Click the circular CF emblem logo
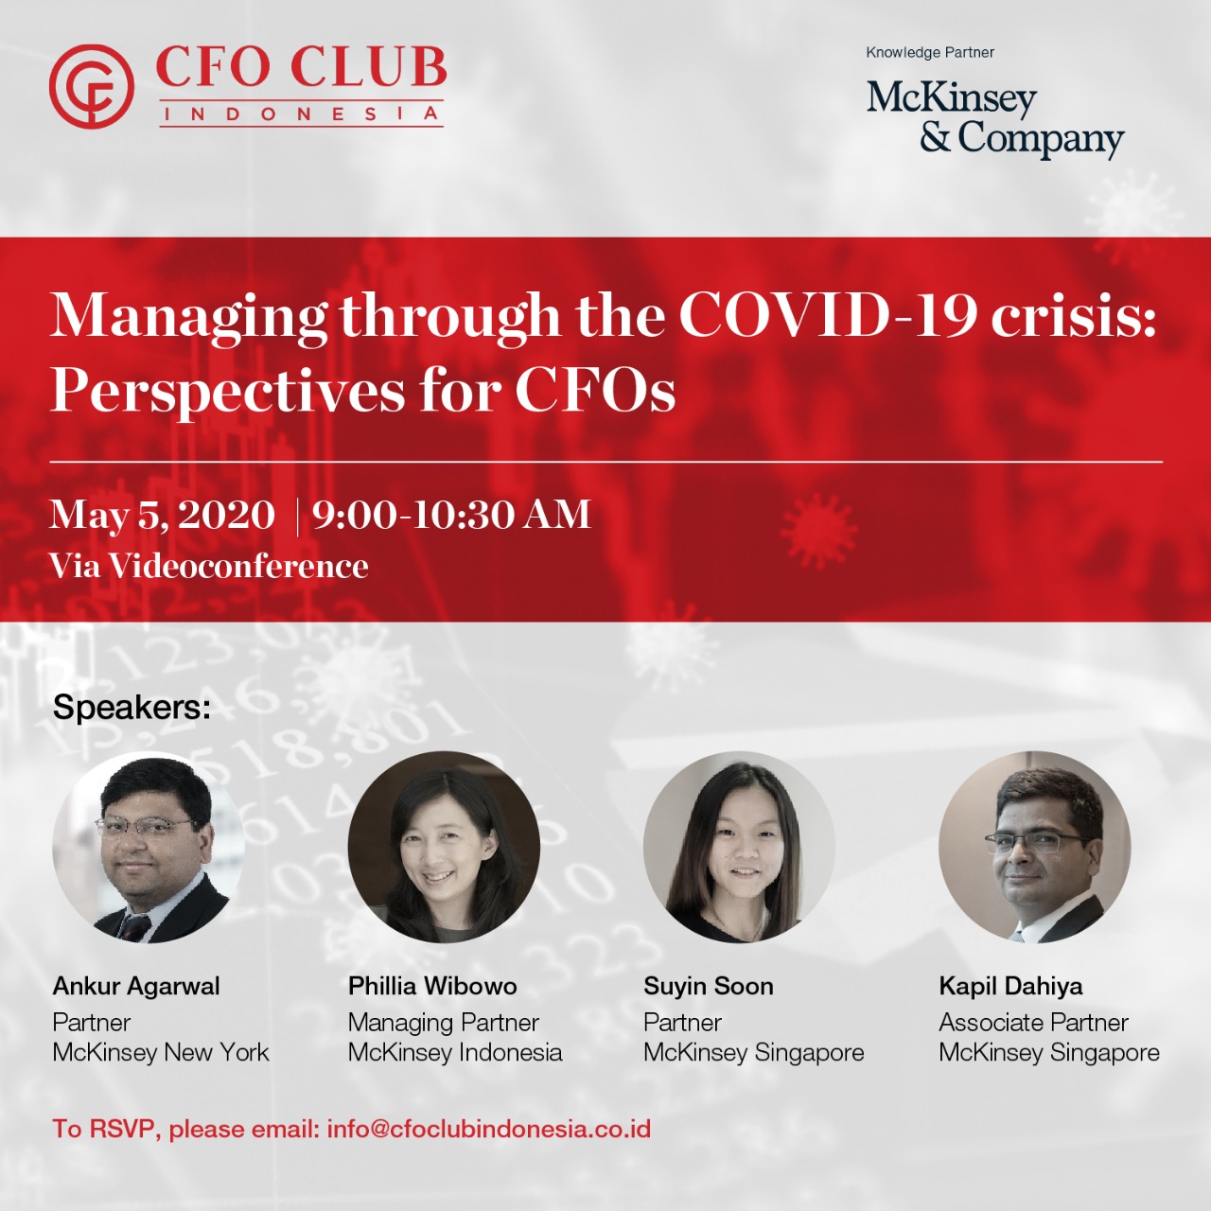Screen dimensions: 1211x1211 click(x=92, y=87)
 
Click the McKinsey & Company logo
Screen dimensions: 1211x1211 click(x=995, y=119)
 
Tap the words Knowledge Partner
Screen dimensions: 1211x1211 click(x=930, y=53)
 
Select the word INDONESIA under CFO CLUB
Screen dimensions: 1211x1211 click(x=301, y=114)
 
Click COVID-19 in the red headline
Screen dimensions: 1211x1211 click(x=828, y=314)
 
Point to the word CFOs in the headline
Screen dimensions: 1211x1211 click(x=595, y=390)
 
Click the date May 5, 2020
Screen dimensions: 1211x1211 click(x=162, y=515)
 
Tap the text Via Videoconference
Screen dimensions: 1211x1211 click(x=209, y=566)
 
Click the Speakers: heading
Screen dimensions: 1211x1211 click(x=132, y=708)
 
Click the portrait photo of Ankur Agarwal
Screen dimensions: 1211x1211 click(x=149, y=847)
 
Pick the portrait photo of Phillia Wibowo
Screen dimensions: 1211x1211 click(x=444, y=847)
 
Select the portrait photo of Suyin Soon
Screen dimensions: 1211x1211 click(x=739, y=847)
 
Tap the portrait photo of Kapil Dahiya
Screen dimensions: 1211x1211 click(x=1034, y=847)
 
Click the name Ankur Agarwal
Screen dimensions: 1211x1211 click(x=136, y=986)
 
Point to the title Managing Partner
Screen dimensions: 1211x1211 click(x=444, y=1023)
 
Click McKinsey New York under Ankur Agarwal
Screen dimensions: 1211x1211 click(x=161, y=1052)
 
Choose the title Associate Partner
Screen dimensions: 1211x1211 click(x=1034, y=1023)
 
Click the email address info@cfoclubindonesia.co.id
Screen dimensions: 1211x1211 click(x=489, y=1129)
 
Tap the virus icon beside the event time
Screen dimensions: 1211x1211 click(x=818, y=531)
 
